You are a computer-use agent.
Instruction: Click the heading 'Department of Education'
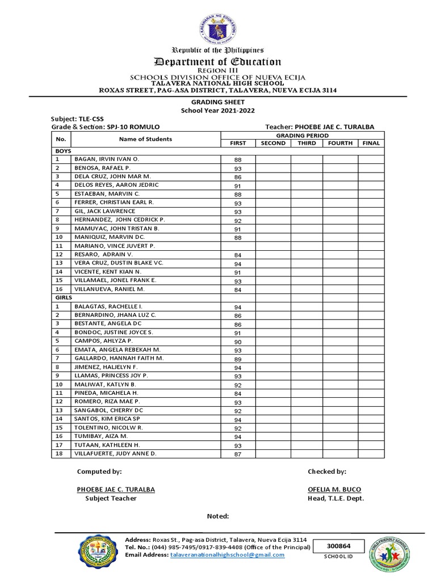[218, 61]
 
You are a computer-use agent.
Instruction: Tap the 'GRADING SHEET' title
[218, 102]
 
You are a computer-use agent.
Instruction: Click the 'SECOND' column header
[273, 144]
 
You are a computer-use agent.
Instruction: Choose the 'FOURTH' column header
[340, 144]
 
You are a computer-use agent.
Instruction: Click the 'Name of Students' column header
[145, 139]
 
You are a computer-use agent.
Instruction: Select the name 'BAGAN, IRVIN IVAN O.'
[106, 160]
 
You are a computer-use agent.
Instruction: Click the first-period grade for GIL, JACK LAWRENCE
[238, 212]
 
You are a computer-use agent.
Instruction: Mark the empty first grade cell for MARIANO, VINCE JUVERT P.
[238, 246]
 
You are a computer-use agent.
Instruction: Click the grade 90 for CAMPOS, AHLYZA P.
[238, 342]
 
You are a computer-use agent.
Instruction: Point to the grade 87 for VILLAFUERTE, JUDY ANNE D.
[238, 454]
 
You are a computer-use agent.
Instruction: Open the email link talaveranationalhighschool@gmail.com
[227, 555]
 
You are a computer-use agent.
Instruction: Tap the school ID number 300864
[338, 546]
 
